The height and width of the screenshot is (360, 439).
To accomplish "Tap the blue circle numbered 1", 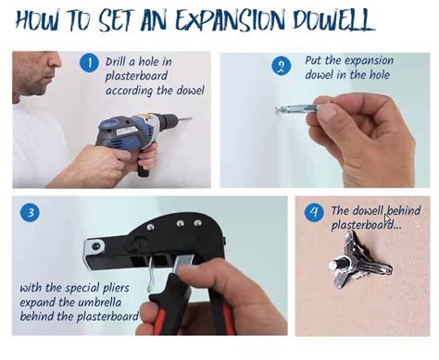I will pos(90,63).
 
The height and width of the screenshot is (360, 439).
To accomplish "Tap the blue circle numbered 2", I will pos(282,67).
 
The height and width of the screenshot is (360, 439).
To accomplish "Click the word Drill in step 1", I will pos(118,62).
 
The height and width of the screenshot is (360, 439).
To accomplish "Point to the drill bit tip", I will pos(191,119).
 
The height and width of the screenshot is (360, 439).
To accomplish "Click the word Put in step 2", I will pos(315,61).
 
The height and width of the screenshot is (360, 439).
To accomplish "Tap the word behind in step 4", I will pos(401,211).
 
